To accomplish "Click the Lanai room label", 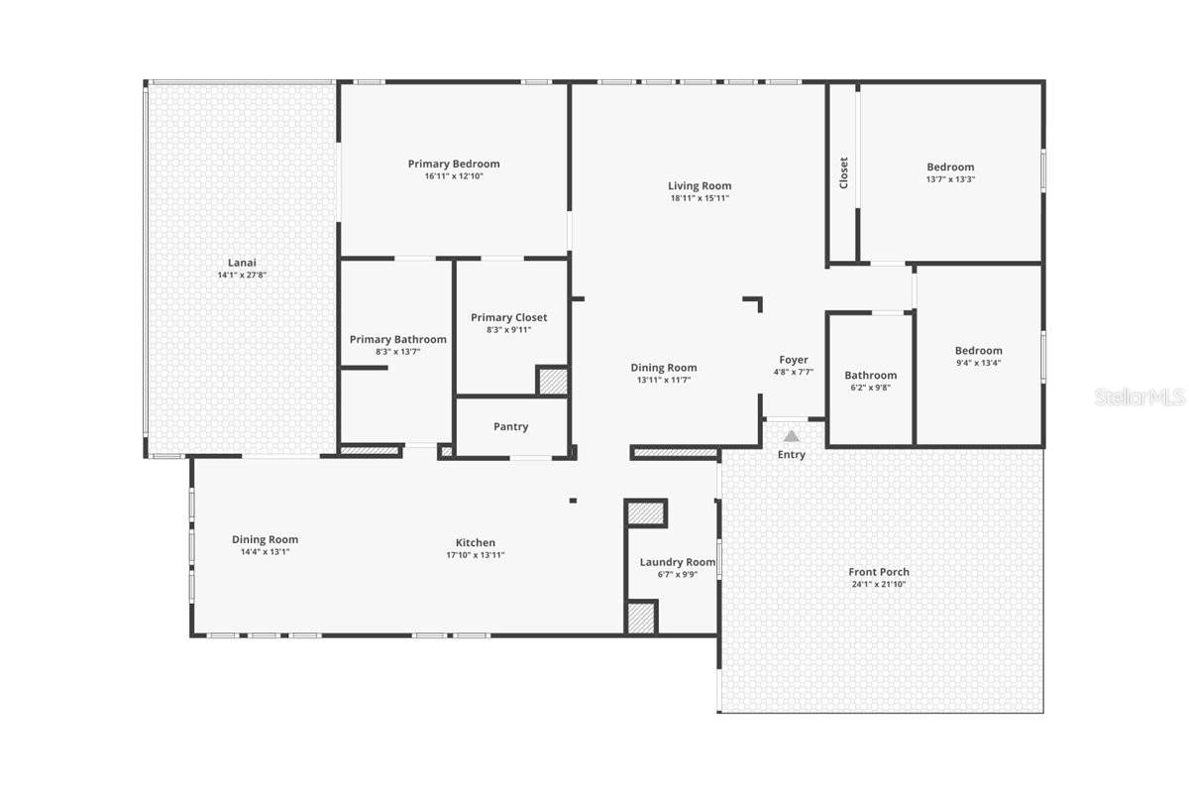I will (x=242, y=263).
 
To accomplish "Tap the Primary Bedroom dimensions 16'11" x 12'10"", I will (x=454, y=176).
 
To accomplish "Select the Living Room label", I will (x=700, y=185).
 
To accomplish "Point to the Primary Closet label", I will (x=509, y=317).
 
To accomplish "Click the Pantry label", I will (x=511, y=426).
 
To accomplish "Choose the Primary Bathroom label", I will (x=398, y=339).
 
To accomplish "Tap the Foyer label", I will (x=794, y=360).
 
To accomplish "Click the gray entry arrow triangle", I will (x=792, y=435).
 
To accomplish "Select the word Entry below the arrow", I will (x=792, y=455).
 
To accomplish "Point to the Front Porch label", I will (x=879, y=572).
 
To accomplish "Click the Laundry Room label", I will (x=678, y=562).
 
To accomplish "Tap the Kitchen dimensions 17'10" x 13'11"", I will (x=476, y=555).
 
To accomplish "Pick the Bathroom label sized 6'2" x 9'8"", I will (x=871, y=375).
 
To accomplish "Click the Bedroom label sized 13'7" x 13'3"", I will (x=950, y=167).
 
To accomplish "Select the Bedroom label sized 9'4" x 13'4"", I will (x=979, y=350).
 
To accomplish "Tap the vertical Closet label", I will (x=844, y=172).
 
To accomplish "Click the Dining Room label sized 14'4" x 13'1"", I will (x=266, y=539).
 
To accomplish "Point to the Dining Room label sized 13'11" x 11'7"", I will (x=664, y=368).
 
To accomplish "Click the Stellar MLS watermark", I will (x=1139, y=397).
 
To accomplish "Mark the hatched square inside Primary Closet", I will (x=552, y=382).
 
